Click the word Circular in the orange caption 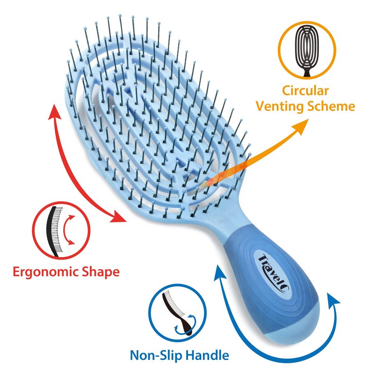305,91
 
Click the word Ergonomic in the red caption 45,272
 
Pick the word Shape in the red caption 101,272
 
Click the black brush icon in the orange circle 307,51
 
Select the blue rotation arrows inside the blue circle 186,324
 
